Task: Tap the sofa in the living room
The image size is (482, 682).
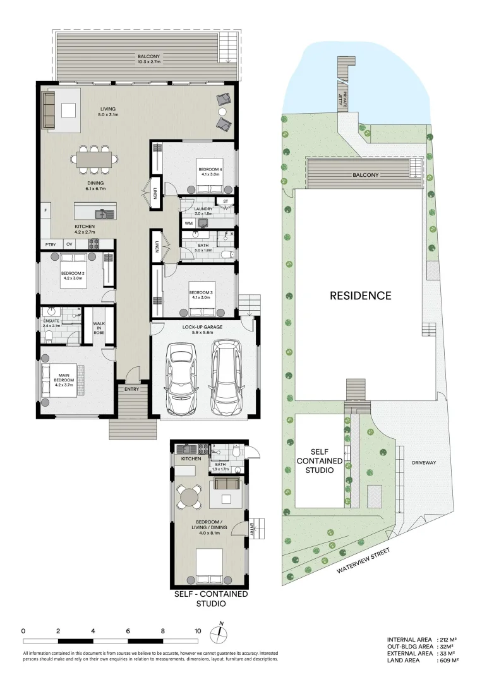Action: coord(49,110)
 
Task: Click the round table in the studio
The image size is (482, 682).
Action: coord(189,496)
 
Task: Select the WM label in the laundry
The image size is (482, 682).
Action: coord(188,223)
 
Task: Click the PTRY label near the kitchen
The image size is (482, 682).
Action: coord(50,244)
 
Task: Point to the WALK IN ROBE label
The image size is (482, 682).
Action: coord(99,327)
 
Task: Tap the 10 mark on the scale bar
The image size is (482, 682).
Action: coord(198,630)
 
